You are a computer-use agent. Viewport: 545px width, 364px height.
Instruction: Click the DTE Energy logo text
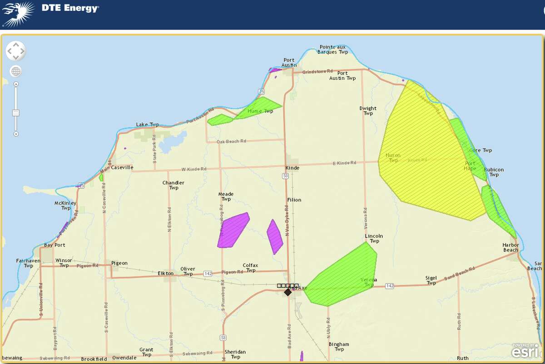pyautogui.click(x=70, y=8)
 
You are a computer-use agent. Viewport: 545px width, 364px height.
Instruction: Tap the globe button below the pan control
pyautogui.click(x=16, y=71)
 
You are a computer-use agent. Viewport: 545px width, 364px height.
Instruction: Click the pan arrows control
pyautogui.click(x=16, y=51)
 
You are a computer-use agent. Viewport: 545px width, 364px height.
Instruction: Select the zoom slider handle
pyautogui.click(x=16, y=113)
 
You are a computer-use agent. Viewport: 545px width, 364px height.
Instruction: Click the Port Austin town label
pyautogui.click(x=289, y=63)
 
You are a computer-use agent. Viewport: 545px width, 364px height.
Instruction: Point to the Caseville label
pyautogui.click(x=122, y=167)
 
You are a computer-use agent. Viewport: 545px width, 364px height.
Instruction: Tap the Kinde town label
pyautogui.click(x=292, y=168)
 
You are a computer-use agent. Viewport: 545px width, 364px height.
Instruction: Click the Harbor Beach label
pyautogui.click(x=510, y=247)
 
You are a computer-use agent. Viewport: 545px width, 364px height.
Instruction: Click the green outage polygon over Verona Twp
pyautogui.click(x=345, y=275)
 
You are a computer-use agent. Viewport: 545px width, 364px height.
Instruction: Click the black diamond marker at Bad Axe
pyautogui.click(x=288, y=292)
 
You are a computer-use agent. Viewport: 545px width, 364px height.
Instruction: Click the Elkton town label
pyautogui.click(x=165, y=273)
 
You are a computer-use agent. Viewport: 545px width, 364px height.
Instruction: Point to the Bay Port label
pyautogui.click(x=54, y=245)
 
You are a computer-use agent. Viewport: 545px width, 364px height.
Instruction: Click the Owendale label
pyautogui.click(x=124, y=359)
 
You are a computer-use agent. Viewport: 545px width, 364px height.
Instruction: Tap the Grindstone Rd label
pyautogui.click(x=317, y=72)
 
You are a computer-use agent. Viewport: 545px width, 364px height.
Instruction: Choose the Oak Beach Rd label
pyautogui.click(x=231, y=142)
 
